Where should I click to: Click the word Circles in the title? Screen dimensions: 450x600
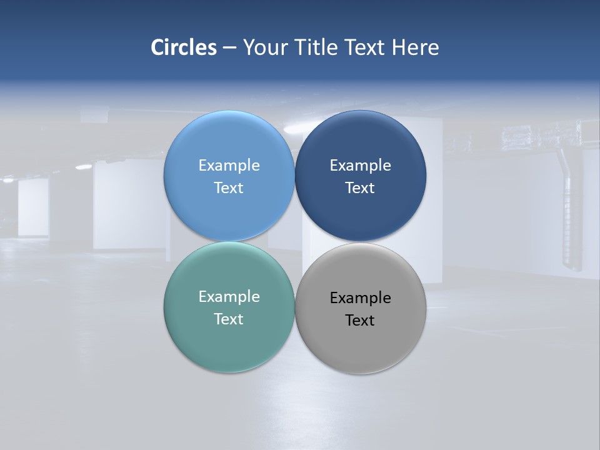point(183,47)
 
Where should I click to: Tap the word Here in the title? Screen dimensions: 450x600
point(415,47)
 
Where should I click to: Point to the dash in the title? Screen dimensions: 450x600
point(229,47)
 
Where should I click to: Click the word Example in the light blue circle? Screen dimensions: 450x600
point(229,165)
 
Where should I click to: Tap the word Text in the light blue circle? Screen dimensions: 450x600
point(229,187)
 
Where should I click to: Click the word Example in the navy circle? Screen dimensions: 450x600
point(360,165)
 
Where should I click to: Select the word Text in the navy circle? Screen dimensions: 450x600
point(360,187)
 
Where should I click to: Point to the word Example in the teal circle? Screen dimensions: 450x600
point(229,296)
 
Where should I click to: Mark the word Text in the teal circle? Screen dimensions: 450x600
point(229,319)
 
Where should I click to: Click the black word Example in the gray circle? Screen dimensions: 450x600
point(360,297)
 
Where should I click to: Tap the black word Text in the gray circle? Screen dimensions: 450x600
point(360,320)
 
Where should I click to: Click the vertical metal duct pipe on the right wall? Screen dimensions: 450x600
point(569,212)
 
